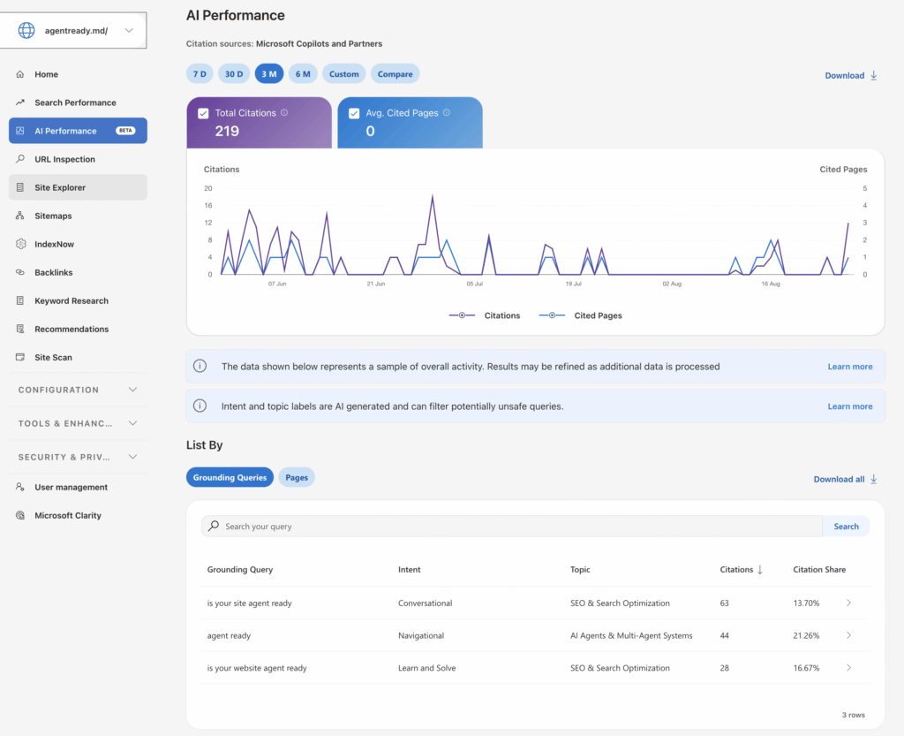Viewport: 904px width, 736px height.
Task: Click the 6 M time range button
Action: [303, 74]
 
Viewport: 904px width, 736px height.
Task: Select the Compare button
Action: [395, 74]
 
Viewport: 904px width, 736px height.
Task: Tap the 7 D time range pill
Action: [200, 74]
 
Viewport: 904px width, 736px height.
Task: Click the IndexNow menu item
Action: [54, 244]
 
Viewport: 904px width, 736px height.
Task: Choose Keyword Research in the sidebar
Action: [72, 300]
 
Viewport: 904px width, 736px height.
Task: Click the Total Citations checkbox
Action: [203, 114]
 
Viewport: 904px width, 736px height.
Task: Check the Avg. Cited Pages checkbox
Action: [354, 114]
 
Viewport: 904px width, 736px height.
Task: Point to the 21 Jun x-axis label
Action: [376, 284]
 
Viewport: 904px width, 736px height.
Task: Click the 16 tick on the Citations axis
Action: [208, 205]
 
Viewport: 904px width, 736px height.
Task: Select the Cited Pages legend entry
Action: [581, 315]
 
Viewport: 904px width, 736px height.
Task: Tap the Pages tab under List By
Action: [297, 478]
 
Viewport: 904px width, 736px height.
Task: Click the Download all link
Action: [845, 479]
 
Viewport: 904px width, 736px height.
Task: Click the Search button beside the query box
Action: [846, 526]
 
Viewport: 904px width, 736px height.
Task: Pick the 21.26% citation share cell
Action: [806, 635]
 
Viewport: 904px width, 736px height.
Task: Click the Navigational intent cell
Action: [421, 635]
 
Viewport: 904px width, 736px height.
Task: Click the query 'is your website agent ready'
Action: [257, 668]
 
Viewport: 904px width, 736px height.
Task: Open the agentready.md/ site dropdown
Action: [73, 30]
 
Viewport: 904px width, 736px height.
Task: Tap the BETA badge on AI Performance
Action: [125, 131]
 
